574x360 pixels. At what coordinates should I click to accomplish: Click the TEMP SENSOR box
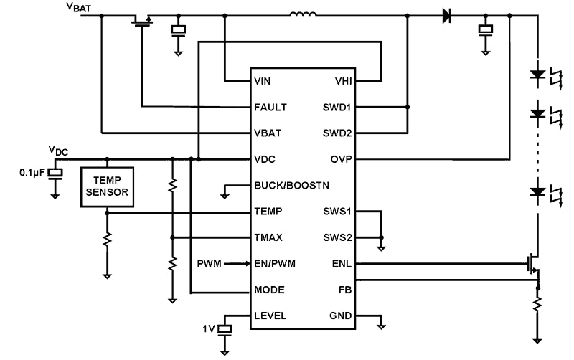(106, 188)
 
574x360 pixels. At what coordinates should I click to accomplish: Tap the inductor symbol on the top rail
(304, 14)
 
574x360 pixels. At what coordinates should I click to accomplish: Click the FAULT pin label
(270, 107)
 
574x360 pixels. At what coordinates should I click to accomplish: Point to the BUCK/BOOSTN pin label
(291, 185)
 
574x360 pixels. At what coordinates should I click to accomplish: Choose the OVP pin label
(339, 158)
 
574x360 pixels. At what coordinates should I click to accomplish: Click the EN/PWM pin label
(274, 263)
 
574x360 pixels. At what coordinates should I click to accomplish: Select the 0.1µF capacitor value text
(32, 173)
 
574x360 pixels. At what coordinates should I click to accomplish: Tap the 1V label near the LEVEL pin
(209, 329)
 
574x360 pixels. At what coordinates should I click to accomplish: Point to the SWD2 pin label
(336, 133)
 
